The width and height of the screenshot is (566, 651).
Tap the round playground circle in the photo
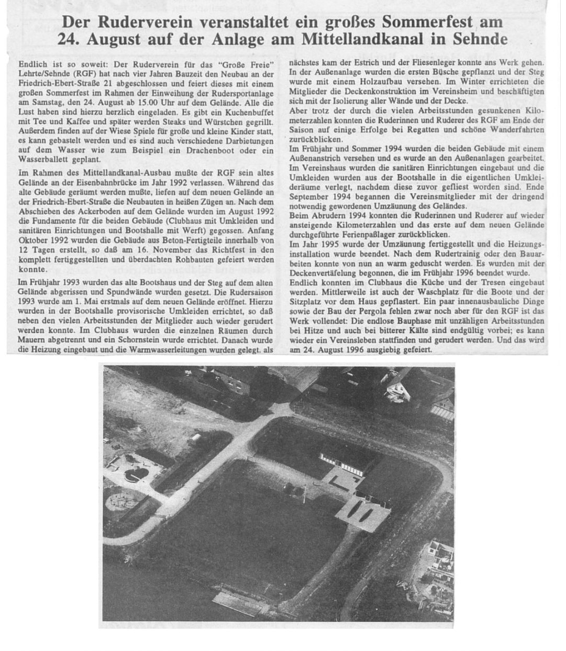click(121, 502)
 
